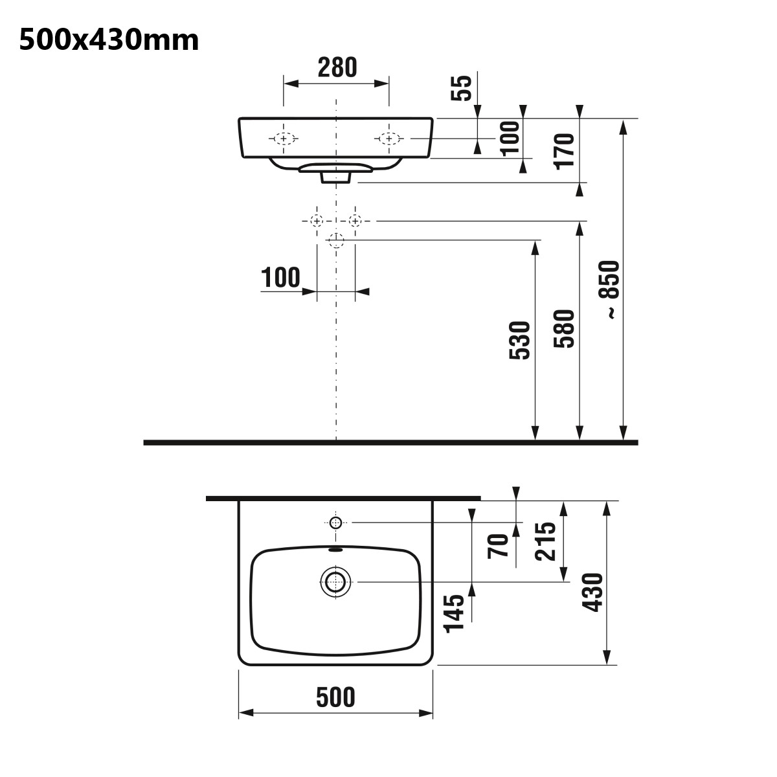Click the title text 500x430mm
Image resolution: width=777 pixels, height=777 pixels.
click(x=109, y=40)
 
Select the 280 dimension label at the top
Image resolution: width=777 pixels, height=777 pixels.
click(x=337, y=67)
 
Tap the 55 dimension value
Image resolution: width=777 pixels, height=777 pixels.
click(x=461, y=88)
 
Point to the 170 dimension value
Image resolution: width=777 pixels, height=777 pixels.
click(x=565, y=152)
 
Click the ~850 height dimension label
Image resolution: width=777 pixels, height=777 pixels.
click(x=609, y=290)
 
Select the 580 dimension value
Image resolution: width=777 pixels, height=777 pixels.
click(x=564, y=329)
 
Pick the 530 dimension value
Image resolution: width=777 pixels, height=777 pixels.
click(x=520, y=341)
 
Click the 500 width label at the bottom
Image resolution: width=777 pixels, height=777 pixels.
click(x=335, y=697)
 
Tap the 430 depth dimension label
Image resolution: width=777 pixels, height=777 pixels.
click(x=592, y=592)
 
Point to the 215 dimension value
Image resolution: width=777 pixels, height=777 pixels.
click(x=545, y=541)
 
